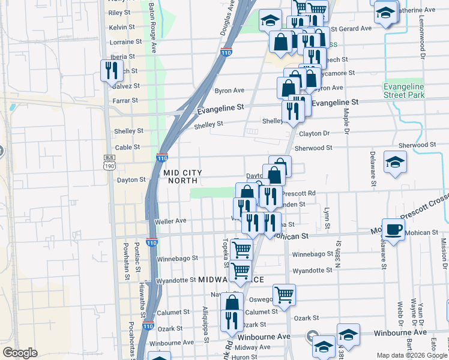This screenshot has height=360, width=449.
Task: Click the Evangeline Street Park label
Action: [403, 91]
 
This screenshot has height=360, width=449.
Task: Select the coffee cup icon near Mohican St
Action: [394, 229]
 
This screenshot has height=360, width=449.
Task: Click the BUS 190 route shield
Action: [109, 163]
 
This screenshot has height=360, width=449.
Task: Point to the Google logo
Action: [20, 353]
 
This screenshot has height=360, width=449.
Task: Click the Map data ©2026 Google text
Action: [411, 355]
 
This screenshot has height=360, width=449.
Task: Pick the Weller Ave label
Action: [171, 221]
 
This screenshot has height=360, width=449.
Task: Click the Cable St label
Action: [127, 147]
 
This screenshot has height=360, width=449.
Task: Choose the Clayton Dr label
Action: [315, 133]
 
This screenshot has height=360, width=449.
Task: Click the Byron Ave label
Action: [229, 91]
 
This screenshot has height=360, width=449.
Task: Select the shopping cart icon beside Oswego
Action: [284, 294]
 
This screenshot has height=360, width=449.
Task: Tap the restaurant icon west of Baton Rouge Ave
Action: [110, 70]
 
